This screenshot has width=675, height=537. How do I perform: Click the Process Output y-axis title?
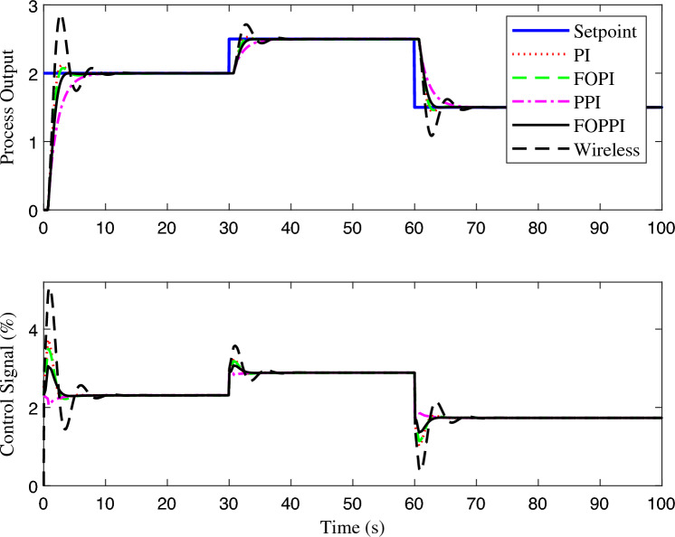11,107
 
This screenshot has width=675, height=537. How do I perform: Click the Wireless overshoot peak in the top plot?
61,16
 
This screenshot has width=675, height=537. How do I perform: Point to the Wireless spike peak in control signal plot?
50,290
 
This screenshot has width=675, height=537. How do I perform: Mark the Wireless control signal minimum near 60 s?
420,468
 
